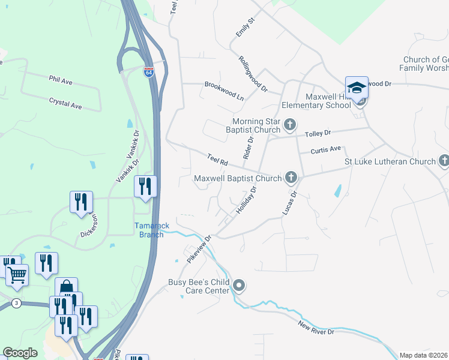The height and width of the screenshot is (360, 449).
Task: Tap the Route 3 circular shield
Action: (x=16, y=303)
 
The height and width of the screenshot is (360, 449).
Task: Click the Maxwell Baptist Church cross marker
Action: (x=291, y=176)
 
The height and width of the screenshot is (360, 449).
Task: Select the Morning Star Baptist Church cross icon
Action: (x=290, y=125)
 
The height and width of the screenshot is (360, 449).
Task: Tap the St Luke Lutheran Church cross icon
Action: (x=444, y=160)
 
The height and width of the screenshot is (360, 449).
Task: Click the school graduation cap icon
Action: (x=357, y=87)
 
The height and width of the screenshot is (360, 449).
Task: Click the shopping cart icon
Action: (x=17, y=275)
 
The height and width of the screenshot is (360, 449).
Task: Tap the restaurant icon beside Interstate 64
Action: (x=145, y=186)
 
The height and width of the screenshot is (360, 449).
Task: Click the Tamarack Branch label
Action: (x=148, y=230)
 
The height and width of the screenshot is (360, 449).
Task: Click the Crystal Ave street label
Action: (x=65, y=104)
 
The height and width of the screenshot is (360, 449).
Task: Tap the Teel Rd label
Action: (x=217, y=160)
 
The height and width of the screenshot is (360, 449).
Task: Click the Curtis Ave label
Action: (x=325, y=149)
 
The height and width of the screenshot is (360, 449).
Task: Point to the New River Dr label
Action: (x=319, y=328)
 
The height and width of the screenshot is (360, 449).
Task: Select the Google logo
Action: (x=20, y=353)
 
